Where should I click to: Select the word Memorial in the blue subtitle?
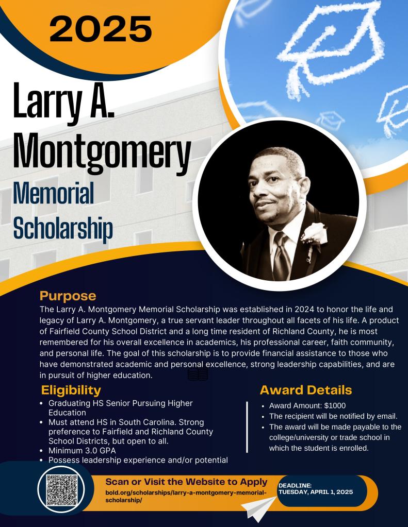(x=53, y=196)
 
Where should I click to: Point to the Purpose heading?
(x=68, y=296)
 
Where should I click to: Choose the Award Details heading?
(x=306, y=389)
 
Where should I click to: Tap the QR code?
(x=61, y=489)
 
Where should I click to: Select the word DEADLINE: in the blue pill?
(x=295, y=485)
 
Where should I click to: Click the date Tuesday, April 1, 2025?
(x=316, y=492)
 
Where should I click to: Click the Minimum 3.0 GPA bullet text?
(x=82, y=451)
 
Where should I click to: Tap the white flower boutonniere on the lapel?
(x=312, y=234)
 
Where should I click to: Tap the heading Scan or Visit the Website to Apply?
(x=186, y=482)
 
